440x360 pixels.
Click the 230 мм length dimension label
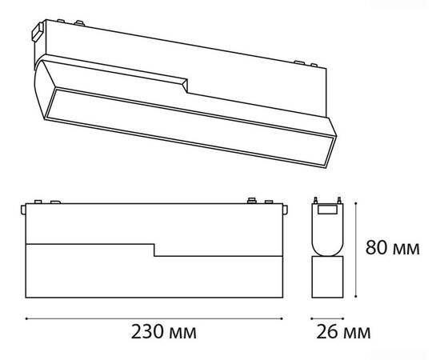coord(164,332)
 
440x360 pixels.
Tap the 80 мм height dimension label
coord(393,248)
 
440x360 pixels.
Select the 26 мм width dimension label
coord(343,332)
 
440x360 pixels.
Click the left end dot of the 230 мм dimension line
coord(26,318)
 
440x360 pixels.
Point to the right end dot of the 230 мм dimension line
coord(282,318)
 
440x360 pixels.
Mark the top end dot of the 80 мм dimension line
coord(356,202)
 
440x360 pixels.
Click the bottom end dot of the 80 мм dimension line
coord(356,296)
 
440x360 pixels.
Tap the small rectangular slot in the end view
coord(327,210)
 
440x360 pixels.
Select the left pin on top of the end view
coord(316,200)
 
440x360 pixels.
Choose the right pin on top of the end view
coord(339,200)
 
